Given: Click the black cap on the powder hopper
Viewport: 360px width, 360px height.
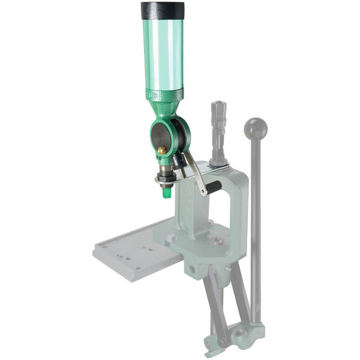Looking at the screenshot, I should pyautogui.click(x=163, y=10).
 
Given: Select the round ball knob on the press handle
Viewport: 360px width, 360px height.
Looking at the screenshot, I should pyautogui.click(x=256, y=128).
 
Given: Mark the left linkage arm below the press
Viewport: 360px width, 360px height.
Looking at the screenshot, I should pyautogui.click(x=214, y=306).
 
